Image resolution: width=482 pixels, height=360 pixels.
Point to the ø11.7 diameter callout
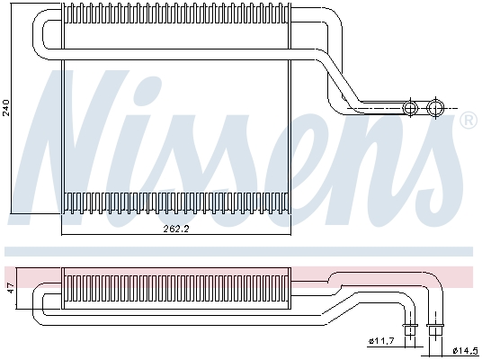tap(380, 339)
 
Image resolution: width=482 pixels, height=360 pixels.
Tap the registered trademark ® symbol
tap(468, 121)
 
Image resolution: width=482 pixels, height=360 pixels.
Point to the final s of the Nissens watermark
tap(432, 153)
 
